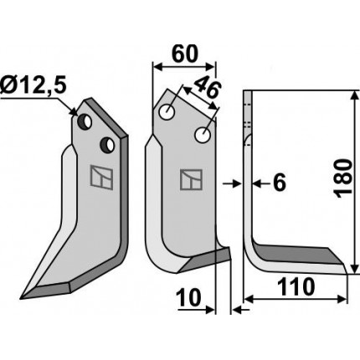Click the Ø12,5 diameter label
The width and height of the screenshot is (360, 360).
point(33,86)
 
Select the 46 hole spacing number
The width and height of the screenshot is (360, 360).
point(207,87)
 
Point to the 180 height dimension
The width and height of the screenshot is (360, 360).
point(343,178)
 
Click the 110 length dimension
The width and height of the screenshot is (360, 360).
point(296,287)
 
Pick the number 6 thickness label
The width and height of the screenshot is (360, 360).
point(280,183)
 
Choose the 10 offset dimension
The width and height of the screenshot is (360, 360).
point(189,297)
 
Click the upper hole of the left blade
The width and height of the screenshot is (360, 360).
point(85,122)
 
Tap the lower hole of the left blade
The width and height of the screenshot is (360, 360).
point(107,144)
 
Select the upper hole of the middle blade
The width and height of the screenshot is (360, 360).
point(167,112)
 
